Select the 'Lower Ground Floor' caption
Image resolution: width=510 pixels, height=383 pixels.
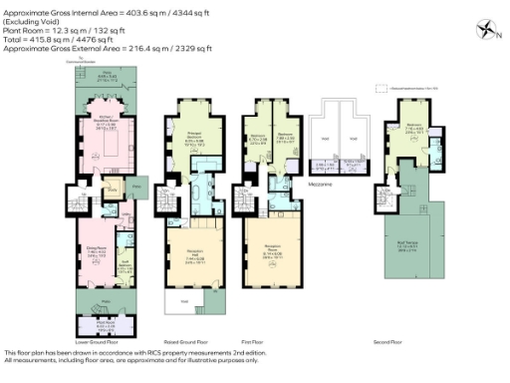(x=98, y=341)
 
